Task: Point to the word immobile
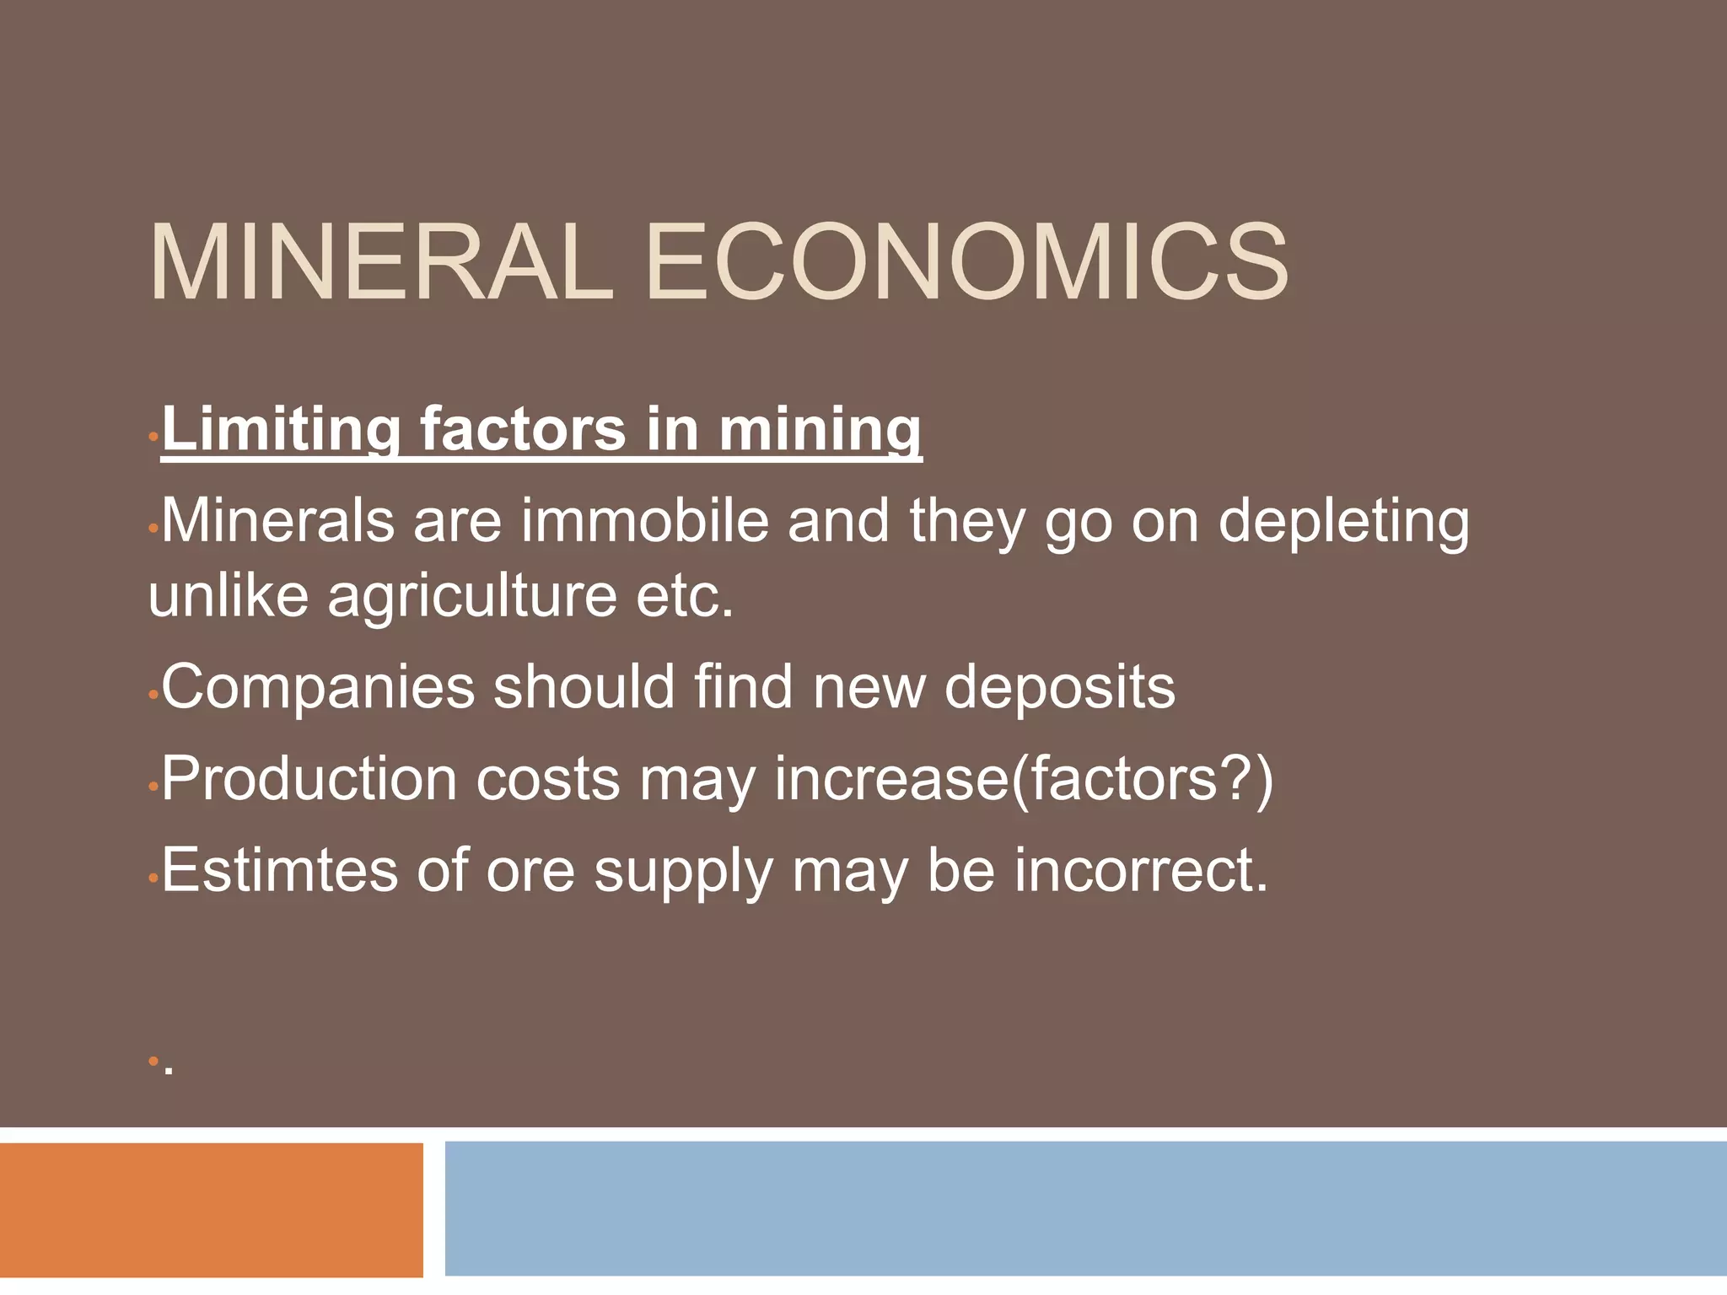(645, 520)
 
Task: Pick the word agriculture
(471, 597)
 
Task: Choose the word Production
(309, 779)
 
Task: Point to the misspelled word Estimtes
(279, 871)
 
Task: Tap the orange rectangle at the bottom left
(211, 1209)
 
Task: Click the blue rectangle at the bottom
(1085, 1209)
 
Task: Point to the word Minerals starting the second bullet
(277, 520)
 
